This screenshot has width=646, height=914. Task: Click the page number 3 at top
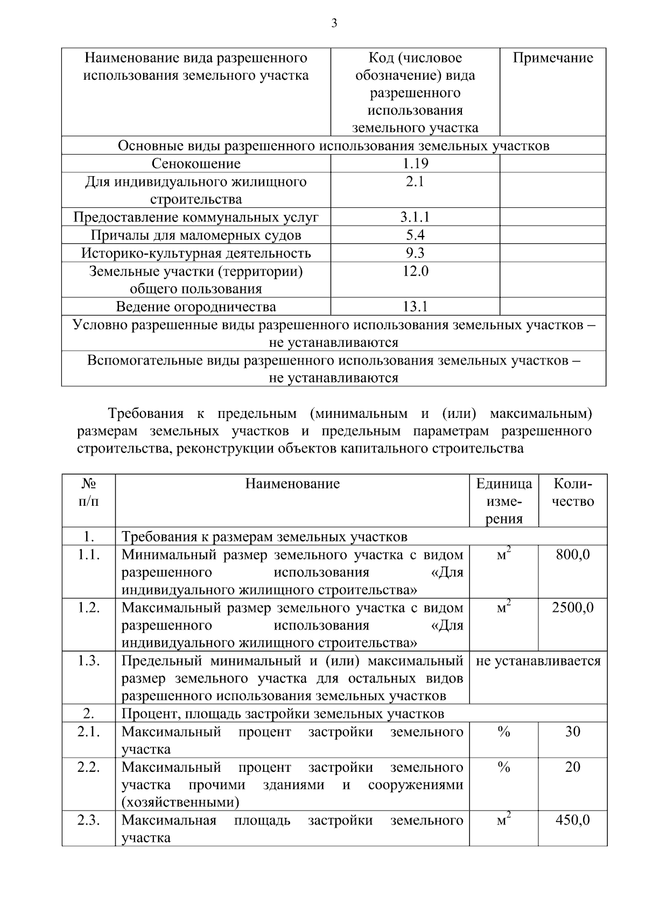[x=334, y=23]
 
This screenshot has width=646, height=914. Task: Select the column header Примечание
[x=552, y=58]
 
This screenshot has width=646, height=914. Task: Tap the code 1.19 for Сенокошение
[x=415, y=164]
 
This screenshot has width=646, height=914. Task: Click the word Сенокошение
[x=196, y=164]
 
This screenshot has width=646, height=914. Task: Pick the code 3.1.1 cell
[x=415, y=217]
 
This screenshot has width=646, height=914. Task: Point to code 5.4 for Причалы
[x=415, y=235]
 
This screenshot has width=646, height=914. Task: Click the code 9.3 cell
[x=415, y=253]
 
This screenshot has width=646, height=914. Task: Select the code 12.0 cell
[x=415, y=271]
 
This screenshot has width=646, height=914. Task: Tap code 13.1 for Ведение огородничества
[x=415, y=306]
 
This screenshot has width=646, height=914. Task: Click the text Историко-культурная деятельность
[x=196, y=253]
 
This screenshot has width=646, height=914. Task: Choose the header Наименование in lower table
[x=292, y=484]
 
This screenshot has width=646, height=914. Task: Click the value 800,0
[x=572, y=554]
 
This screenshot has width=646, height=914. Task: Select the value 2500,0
[x=572, y=608]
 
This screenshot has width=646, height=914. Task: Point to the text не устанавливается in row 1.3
[x=538, y=661]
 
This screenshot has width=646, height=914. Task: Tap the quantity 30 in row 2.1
[x=572, y=731]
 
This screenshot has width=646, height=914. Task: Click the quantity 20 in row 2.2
[x=572, y=767]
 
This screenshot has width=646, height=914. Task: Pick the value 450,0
[x=572, y=820]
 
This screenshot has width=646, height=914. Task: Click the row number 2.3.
[x=89, y=820]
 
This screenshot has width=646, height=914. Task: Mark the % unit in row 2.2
[x=503, y=767]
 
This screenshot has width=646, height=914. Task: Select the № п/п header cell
[x=89, y=492]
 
